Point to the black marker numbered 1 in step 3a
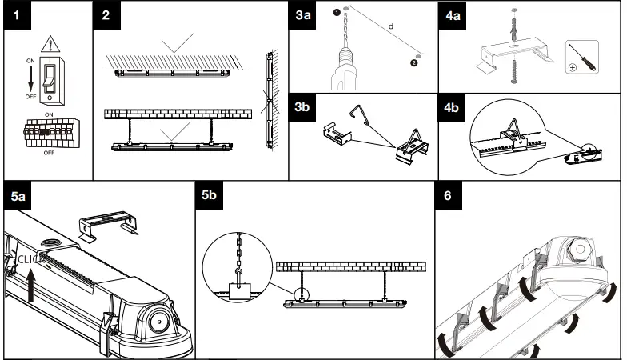click(x=337, y=12)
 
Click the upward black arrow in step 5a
click(x=31, y=284)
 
